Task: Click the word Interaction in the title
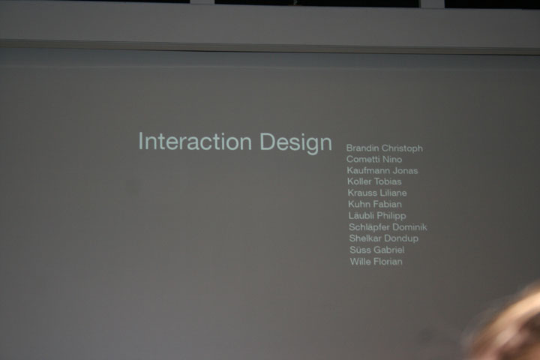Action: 195,141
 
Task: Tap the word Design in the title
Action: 295,142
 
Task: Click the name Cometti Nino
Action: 374,160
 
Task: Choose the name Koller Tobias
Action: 374,181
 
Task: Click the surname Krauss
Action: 360,193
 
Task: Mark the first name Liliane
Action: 391,193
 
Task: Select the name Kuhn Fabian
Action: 375,204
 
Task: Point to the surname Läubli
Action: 361,216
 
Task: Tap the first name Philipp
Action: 391,216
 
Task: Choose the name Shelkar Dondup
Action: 384,238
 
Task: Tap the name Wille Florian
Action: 376,262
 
